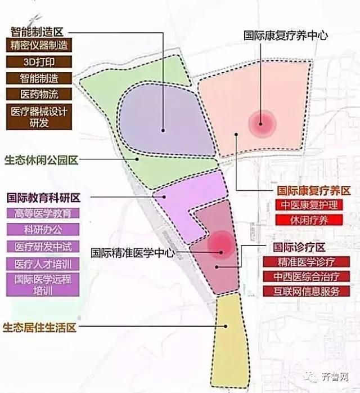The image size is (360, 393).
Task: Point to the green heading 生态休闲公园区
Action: tap(40, 160)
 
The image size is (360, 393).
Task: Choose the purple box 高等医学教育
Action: tap(43, 213)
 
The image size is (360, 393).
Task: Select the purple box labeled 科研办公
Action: tap(43, 230)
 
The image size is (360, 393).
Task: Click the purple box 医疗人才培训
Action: tap(43, 263)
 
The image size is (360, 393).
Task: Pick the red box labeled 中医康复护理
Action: tap(309, 206)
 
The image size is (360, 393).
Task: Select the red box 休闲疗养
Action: tap(309, 220)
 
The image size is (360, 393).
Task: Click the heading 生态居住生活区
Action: tap(40, 328)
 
